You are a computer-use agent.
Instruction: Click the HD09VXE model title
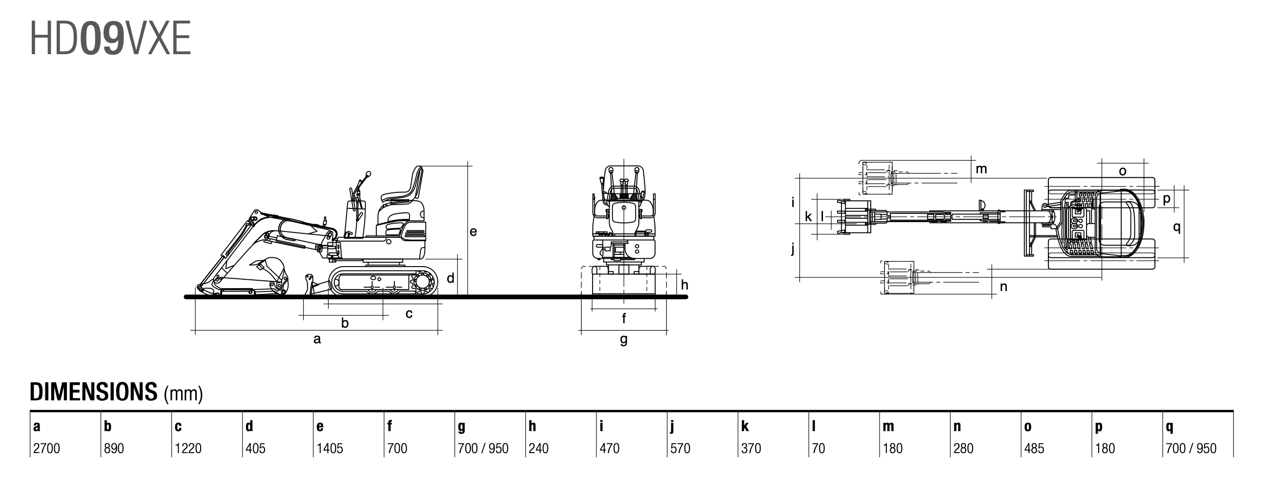click(x=110, y=39)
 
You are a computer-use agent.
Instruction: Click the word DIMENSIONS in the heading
click(x=93, y=392)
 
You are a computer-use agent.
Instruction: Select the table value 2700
click(x=46, y=448)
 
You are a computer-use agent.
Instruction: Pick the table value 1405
click(x=329, y=448)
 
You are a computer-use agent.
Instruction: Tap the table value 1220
click(x=188, y=448)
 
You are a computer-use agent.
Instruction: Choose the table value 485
click(x=1034, y=448)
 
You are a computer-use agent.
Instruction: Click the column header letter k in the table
click(x=744, y=426)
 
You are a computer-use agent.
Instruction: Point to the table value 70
click(x=818, y=448)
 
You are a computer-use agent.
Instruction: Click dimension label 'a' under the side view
click(x=317, y=339)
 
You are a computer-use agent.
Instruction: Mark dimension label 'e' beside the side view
click(x=473, y=231)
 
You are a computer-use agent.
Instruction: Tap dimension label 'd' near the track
click(x=451, y=278)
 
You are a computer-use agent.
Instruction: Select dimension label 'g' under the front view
click(x=624, y=339)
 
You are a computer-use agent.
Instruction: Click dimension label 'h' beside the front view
click(x=684, y=285)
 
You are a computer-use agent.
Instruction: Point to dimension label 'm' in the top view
click(x=982, y=169)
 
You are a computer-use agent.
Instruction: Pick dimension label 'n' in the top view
click(x=1004, y=287)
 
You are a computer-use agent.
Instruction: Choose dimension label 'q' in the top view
click(x=1177, y=227)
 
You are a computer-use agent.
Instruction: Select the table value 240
click(x=538, y=448)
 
